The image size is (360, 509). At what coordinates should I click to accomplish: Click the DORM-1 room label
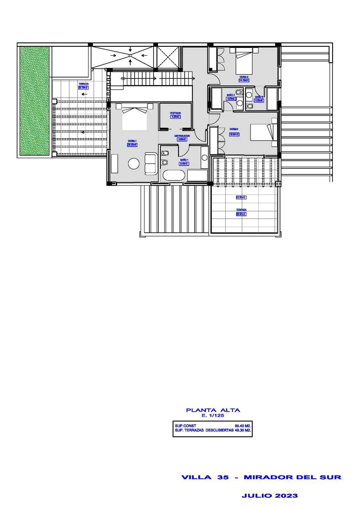[132, 141]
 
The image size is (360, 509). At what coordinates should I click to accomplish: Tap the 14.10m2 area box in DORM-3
[244, 80]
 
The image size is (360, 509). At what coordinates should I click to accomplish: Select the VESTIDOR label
[175, 113]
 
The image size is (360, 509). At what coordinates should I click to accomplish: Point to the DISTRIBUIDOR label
[182, 136]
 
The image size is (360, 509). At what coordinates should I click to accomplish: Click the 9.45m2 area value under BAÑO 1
[184, 164]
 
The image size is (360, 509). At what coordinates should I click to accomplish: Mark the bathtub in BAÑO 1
[174, 175]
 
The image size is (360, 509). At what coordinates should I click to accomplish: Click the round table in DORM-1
[134, 163]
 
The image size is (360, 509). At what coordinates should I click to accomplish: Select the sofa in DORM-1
[151, 163]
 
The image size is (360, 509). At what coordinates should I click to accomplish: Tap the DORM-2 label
[234, 129]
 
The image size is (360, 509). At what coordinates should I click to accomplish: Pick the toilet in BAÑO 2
[239, 92]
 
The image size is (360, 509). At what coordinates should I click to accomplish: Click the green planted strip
[34, 101]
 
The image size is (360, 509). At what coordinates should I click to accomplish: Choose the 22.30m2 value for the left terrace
[83, 88]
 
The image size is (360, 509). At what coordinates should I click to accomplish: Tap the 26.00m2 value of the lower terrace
[241, 214]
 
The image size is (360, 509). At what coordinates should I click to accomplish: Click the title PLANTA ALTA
[213, 410]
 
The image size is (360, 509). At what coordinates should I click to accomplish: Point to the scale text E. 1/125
[213, 415]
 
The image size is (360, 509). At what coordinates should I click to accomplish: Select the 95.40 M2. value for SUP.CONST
[243, 426]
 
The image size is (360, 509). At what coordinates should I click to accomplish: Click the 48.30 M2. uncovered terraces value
[243, 430]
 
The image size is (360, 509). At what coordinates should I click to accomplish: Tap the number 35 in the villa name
[223, 477]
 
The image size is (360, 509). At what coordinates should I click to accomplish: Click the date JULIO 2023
[270, 496]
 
